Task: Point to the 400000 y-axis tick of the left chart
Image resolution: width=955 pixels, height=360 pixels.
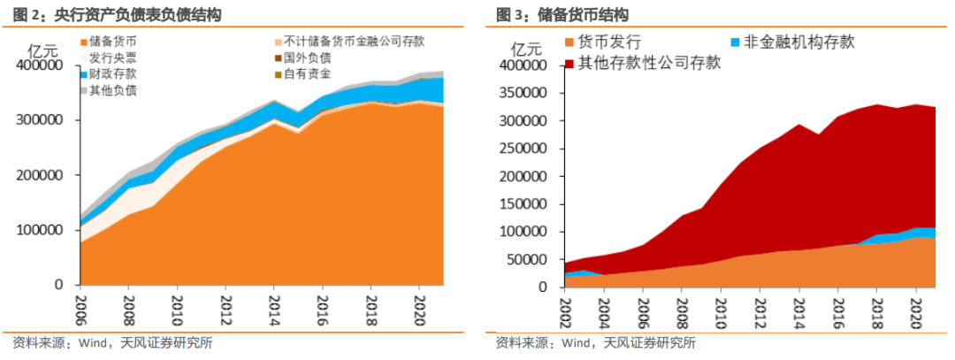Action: [x=39, y=65]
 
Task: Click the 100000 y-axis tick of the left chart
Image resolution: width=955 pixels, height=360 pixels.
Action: [x=39, y=230]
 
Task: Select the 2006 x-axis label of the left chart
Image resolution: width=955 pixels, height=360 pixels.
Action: [x=80, y=306]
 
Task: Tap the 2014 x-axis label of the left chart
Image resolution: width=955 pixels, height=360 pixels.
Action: [x=274, y=306]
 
